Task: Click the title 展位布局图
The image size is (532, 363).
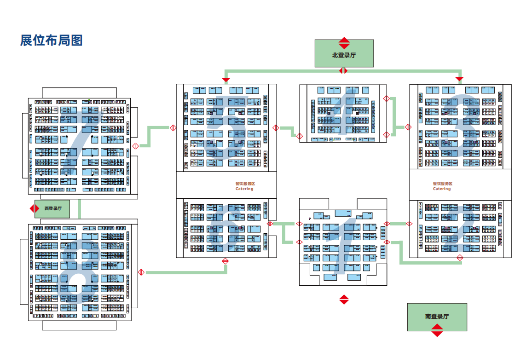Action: tap(51, 40)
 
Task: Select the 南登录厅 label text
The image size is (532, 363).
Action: tap(437, 316)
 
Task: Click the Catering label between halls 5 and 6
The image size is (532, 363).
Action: tap(244, 189)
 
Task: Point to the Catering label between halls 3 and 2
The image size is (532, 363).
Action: tap(442, 189)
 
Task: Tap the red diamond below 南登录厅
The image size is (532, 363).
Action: tap(437, 330)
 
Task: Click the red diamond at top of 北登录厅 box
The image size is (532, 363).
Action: tap(344, 43)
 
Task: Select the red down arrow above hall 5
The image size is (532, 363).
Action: tap(226, 80)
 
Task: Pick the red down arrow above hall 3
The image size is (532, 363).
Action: tap(459, 80)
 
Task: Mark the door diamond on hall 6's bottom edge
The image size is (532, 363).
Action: tap(226, 261)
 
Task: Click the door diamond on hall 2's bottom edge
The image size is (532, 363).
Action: tap(459, 258)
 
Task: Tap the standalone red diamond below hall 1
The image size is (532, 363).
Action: tap(344, 300)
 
